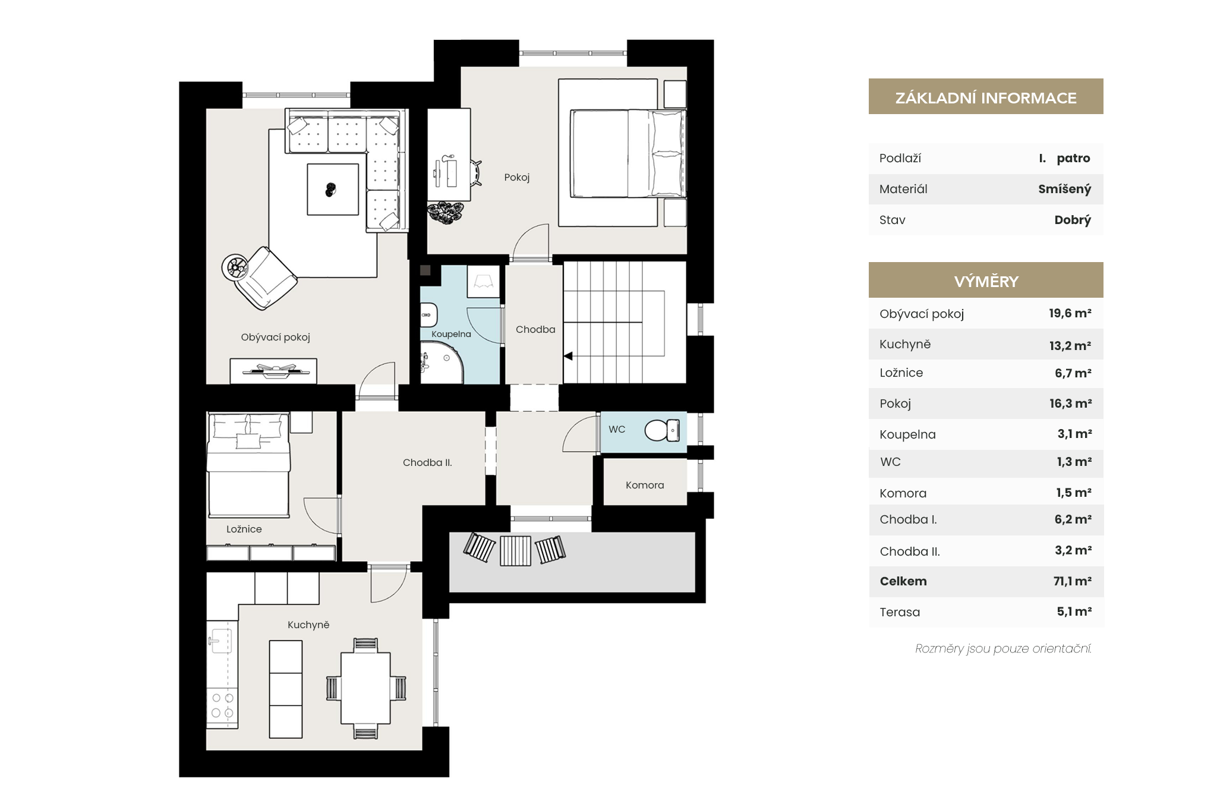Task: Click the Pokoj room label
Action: click(516, 177)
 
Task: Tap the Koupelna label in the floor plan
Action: click(451, 334)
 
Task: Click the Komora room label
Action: click(645, 485)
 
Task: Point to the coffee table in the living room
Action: click(333, 190)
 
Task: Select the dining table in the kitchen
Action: click(365, 688)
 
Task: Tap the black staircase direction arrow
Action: click(568, 356)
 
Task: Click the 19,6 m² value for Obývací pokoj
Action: click(1070, 313)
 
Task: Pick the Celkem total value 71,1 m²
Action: click(1073, 581)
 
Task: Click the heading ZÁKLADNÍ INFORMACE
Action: click(986, 98)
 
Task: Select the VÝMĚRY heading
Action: click(986, 281)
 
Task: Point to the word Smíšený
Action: click(1065, 189)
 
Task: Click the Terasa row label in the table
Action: click(900, 612)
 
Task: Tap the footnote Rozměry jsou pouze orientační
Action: click(1004, 648)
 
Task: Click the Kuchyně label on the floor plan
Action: click(308, 625)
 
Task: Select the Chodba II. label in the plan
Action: click(427, 462)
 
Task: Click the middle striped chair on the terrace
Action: click(515, 551)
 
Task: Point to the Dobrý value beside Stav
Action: click(1073, 220)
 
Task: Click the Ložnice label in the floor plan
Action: click(244, 529)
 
